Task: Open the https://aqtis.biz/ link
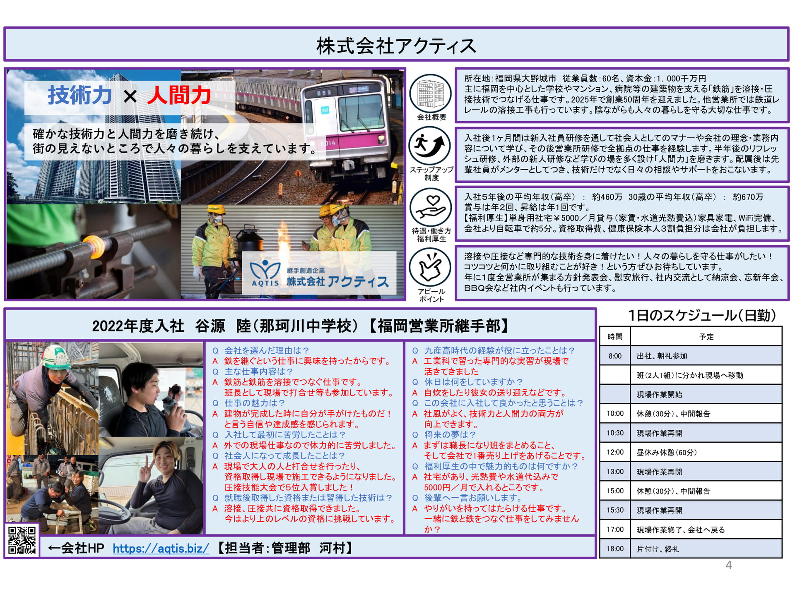click(161, 548)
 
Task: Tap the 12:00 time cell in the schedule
click(615, 452)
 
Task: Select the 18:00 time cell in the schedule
click(615, 549)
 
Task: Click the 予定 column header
click(706, 337)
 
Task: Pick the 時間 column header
click(615, 337)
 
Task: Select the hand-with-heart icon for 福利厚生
click(431, 207)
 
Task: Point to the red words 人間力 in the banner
click(179, 95)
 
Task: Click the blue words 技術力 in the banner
click(80, 95)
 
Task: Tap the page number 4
click(729, 565)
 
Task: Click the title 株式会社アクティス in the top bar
click(396, 46)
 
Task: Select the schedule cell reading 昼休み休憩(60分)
click(667, 452)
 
